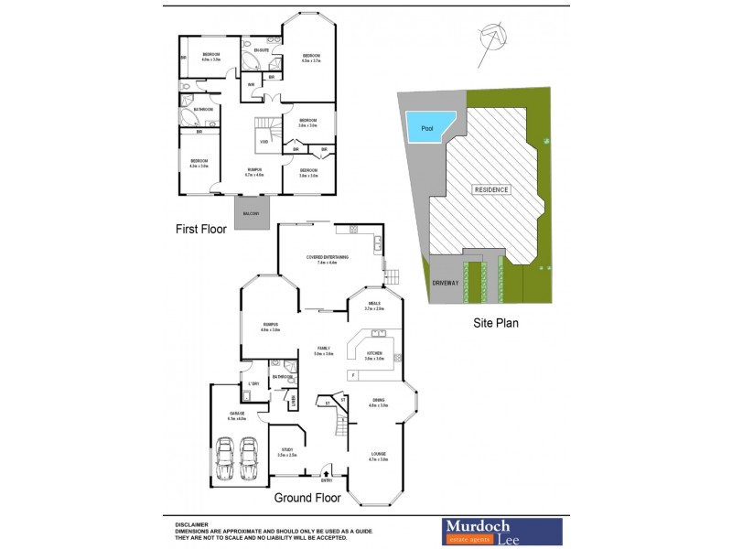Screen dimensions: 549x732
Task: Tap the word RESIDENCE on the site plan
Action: tap(491, 189)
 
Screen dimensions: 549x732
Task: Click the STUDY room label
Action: tap(287, 449)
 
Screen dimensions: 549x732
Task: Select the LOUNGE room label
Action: tap(378, 454)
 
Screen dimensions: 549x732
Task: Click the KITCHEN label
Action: tap(374, 352)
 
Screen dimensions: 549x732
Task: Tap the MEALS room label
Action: tap(374, 303)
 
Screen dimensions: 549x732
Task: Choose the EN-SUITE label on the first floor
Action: tap(263, 51)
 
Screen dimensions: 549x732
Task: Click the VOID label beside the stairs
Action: tap(264, 142)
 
